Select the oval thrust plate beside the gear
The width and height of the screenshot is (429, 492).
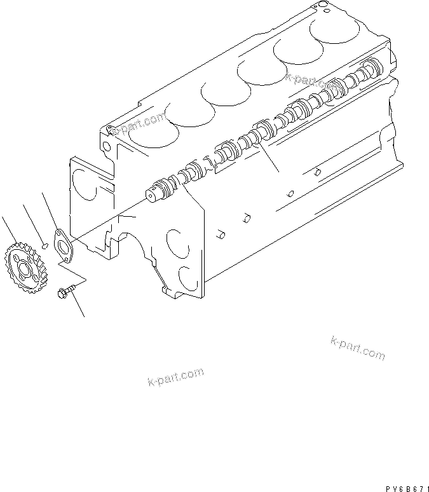click(x=62, y=245)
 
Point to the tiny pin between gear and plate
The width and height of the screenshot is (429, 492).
click(x=43, y=243)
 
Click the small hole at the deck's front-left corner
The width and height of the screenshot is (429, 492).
click(x=111, y=130)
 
